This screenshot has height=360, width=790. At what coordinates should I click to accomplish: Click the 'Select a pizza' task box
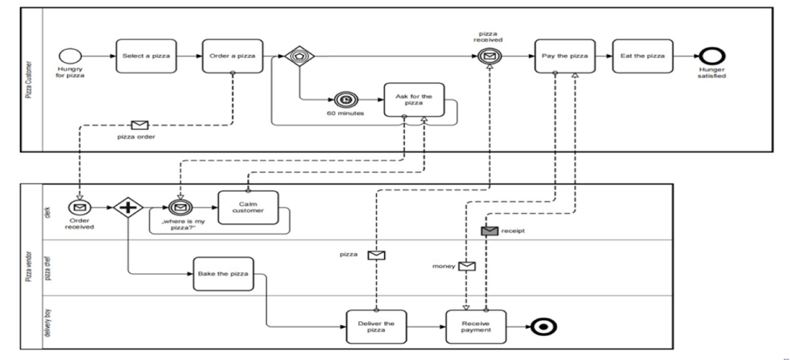tap(146, 56)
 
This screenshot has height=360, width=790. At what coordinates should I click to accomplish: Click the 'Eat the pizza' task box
tap(643, 56)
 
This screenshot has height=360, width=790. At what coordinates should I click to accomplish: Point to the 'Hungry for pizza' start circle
tap(68, 56)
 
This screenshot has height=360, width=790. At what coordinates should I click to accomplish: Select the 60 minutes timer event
tap(343, 100)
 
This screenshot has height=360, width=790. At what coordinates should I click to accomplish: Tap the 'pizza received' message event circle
tap(490, 57)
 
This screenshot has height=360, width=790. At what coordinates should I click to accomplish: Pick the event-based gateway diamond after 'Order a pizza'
tap(300, 57)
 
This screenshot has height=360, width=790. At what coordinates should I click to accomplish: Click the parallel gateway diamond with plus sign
tap(128, 207)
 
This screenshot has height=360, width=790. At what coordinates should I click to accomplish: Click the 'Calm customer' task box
tap(248, 207)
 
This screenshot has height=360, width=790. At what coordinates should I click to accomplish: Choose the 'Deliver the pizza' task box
tap(376, 326)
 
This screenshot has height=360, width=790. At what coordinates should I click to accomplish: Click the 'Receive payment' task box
tap(476, 326)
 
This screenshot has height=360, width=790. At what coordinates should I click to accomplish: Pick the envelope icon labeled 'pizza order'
tap(139, 125)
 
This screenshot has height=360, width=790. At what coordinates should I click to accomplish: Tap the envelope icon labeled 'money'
tap(467, 266)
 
